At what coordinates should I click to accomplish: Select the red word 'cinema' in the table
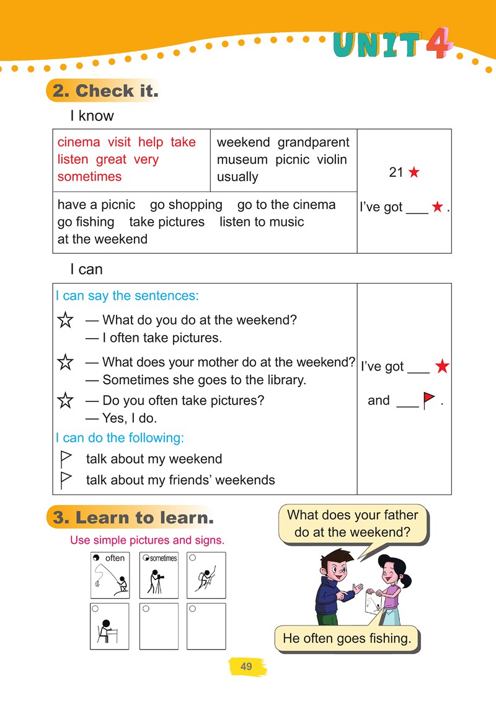(79, 142)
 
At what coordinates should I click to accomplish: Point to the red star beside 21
(414, 172)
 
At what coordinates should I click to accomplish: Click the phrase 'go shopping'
(186, 205)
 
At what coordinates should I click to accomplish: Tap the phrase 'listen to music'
(262, 222)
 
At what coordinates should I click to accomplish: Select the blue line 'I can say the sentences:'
(127, 296)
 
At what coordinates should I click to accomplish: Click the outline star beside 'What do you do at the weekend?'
(65, 321)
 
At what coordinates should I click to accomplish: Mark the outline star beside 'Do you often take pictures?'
(65, 401)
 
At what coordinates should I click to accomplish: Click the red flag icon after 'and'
(428, 401)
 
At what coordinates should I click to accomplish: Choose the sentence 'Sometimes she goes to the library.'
(204, 380)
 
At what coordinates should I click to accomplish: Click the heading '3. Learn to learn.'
(133, 518)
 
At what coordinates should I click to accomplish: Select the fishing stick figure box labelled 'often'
(110, 575)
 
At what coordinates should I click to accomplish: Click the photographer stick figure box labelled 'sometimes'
(159, 575)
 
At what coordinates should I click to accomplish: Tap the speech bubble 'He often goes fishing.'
(347, 638)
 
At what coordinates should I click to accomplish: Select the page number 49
(246, 667)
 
